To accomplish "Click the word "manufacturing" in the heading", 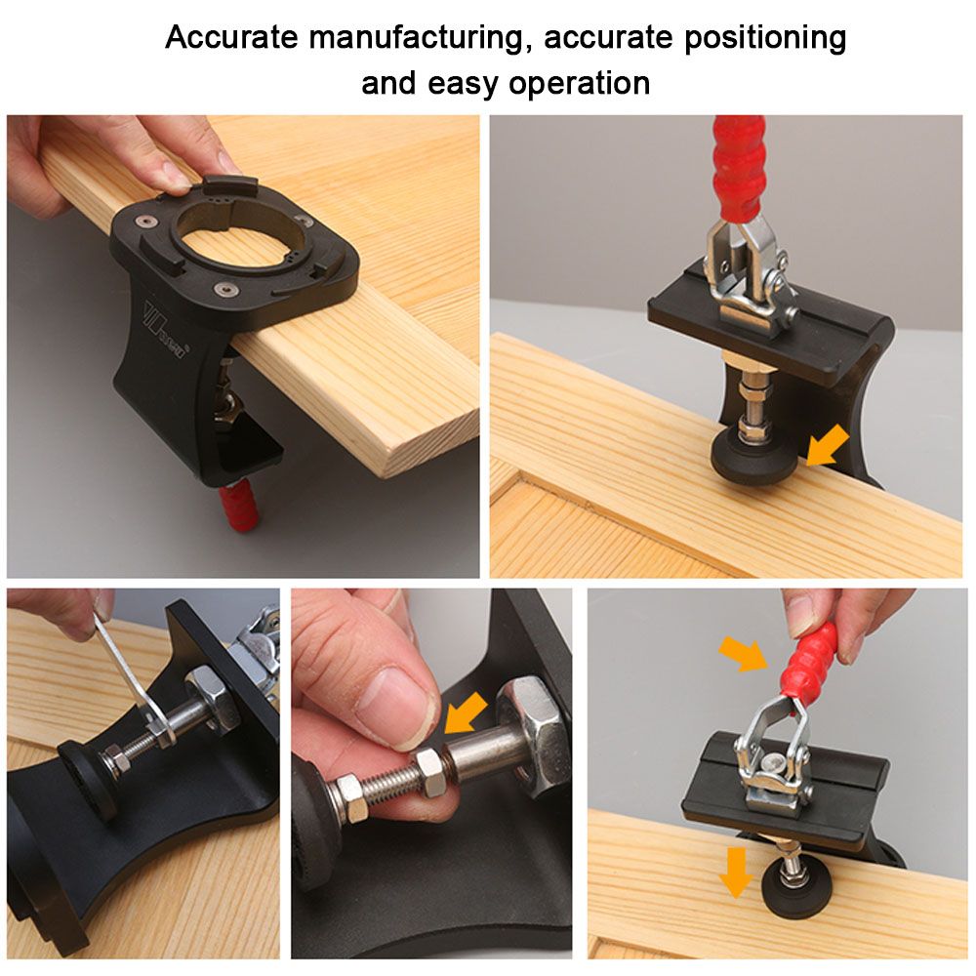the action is (x=417, y=37).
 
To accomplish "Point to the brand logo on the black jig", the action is (x=164, y=331).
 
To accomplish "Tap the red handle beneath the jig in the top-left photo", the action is (x=238, y=506).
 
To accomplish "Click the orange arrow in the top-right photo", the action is (x=828, y=445).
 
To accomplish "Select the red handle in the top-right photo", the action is (x=739, y=168).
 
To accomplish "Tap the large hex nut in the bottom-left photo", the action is (x=211, y=696).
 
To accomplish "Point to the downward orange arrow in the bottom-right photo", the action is (x=736, y=872).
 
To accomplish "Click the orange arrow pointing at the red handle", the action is (x=743, y=653).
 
